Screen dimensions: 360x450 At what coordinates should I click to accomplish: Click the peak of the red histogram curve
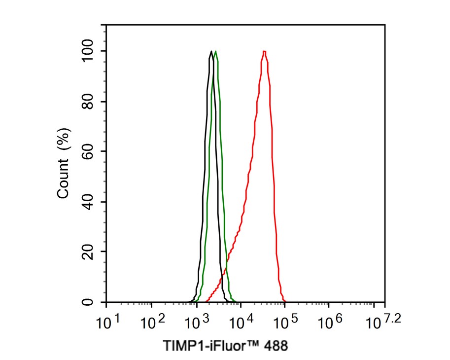pos(265,51)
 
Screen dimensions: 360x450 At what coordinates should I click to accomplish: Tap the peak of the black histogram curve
pos(211,51)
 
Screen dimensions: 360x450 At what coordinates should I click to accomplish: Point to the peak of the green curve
pos(216,51)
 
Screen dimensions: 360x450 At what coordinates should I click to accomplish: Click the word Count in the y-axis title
pos(63,179)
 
